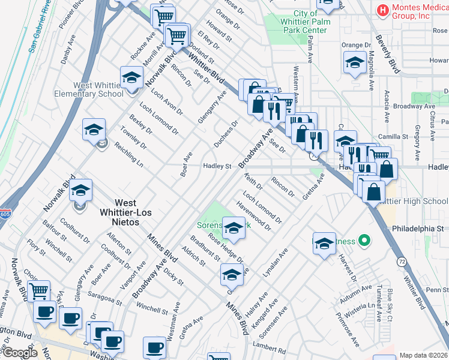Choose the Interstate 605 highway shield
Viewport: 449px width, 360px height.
(5, 213)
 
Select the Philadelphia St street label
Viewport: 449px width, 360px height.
(417, 229)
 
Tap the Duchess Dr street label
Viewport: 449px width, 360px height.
(226, 134)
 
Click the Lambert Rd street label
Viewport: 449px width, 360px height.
(268, 347)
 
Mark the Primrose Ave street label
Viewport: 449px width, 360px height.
(348, 329)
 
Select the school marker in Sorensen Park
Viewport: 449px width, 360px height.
(234, 228)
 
